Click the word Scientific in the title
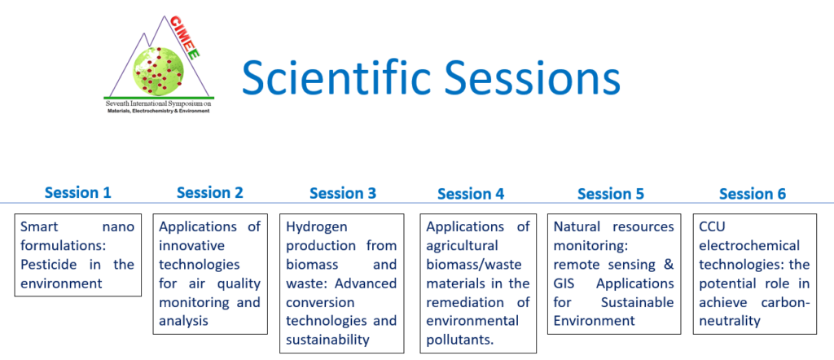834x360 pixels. tap(336, 77)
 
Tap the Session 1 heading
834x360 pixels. tap(77, 192)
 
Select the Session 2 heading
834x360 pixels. tap(209, 192)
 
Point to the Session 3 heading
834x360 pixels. tap(343, 193)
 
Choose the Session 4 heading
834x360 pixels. tap(471, 194)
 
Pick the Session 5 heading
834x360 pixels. tap(611, 194)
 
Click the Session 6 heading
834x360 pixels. tap(752, 194)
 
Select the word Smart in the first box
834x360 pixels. tap(38, 227)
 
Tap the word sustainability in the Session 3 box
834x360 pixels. tap(327, 340)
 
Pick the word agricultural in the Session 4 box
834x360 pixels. tap(463, 247)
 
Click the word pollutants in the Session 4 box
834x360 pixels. tap(459, 340)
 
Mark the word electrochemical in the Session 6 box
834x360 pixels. tap(749, 246)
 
